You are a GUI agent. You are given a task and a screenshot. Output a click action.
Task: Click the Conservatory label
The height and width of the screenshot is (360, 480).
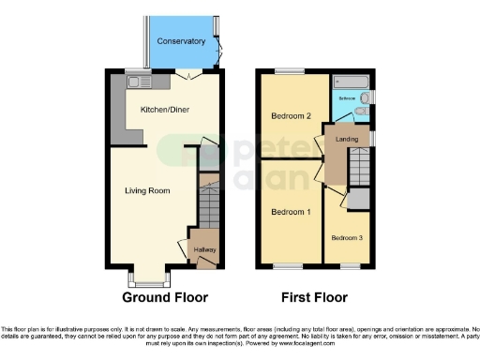click(181, 41)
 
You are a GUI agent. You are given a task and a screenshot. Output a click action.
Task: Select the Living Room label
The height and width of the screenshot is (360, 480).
click(147, 191)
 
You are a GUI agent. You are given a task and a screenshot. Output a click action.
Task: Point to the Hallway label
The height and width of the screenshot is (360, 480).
click(204, 250)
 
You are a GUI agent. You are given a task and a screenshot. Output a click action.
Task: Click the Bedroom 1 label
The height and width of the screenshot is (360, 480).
click(291, 212)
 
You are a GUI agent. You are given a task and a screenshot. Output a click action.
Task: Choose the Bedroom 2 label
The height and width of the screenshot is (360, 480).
click(291, 116)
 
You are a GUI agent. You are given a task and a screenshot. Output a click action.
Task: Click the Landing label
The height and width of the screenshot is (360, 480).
click(348, 141)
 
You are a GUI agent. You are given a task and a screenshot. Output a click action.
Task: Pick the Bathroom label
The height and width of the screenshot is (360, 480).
click(347, 97)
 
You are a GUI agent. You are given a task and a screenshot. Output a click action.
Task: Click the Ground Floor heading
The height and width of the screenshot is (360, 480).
click(165, 298)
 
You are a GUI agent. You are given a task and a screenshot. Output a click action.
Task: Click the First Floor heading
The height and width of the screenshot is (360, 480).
click(315, 298)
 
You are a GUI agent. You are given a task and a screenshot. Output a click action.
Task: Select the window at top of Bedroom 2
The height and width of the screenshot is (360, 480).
click(290, 71)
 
